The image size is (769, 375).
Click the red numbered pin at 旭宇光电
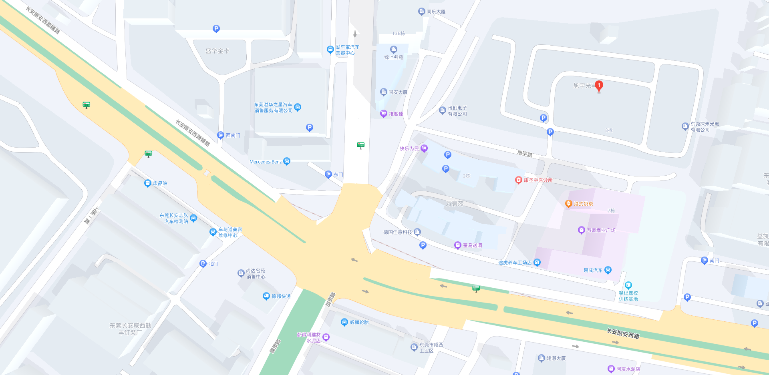(x=599, y=86)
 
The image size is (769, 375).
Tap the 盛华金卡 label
(x=217, y=51)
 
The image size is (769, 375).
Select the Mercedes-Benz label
(x=265, y=162)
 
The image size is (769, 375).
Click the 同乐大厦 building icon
(x=421, y=12)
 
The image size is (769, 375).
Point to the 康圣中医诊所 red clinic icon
(x=518, y=180)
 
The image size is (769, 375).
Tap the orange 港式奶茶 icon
(x=568, y=204)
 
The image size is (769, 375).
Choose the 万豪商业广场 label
(x=601, y=230)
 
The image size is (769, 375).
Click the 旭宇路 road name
(x=525, y=154)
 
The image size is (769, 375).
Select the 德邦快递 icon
(x=266, y=296)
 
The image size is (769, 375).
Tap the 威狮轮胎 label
(x=359, y=322)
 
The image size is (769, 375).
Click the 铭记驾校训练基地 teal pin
(x=628, y=285)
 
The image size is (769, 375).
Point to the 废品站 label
(x=160, y=184)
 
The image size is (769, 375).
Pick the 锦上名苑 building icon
(x=394, y=50)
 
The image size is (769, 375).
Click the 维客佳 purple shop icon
(x=383, y=114)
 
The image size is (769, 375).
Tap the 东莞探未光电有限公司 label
(x=705, y=127)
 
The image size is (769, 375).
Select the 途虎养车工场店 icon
(x=537, y=263)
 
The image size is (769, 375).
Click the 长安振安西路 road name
(x=623, y=333)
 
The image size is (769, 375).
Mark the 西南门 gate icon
(x=220, y=135)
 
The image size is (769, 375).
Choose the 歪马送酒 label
(x=472, y=245)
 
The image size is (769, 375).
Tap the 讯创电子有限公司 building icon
(x=442, y=110)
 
